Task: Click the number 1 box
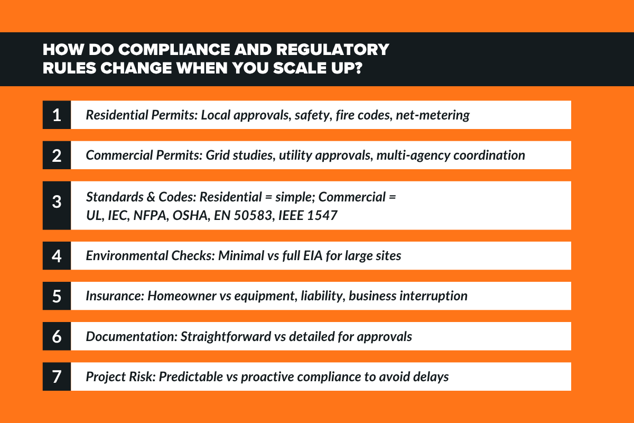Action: tap(57, 115)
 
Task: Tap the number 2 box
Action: tap(57, 155)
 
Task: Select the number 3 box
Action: tap(57, 205)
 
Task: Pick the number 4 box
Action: tap(57, 255)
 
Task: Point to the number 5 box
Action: tap(57, 296)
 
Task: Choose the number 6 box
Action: tap(57, 336)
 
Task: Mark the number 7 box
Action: tap(57, 376)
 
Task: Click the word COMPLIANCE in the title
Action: tap(171, 50)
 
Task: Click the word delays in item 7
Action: tap(432, 376)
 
